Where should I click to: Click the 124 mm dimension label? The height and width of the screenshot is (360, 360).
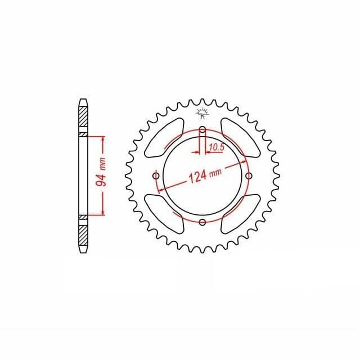(205, 175)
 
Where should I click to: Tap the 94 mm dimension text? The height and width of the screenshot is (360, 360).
(101, 172)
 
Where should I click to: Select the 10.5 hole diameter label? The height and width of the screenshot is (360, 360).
(217, 147)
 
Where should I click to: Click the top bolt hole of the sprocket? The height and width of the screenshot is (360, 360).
(202, 130)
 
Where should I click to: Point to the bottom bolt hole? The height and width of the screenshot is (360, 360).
(202, 222)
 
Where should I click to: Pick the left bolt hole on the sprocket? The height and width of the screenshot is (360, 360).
(156, 176)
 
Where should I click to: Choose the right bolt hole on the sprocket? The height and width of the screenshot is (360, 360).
(249, 176)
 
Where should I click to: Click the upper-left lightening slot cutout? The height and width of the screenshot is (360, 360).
(164, 138)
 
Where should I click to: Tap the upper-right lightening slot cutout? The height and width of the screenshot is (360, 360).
(240, 138)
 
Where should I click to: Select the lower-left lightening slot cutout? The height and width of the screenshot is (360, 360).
(164, 214)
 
